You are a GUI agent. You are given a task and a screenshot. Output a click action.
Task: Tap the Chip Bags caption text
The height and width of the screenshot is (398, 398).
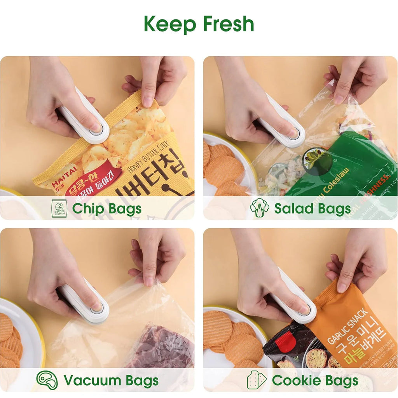coord(106,209)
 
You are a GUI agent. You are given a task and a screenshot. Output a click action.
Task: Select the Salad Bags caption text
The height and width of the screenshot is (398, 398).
coord(312,209)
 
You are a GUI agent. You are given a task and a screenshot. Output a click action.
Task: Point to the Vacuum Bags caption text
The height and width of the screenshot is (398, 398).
coord(111,381)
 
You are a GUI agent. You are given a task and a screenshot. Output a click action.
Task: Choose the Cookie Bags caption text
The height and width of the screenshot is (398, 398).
coord(315,381)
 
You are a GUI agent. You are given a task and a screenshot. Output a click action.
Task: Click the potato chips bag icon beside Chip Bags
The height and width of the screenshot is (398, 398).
coord(59,209)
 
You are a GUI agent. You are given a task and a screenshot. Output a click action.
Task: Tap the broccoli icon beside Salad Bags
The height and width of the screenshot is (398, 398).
coord(259,208)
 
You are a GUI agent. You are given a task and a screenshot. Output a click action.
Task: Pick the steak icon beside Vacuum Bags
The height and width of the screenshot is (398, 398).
coord(47,380)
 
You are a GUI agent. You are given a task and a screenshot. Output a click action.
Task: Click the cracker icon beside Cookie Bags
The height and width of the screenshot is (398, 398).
coord(257,380)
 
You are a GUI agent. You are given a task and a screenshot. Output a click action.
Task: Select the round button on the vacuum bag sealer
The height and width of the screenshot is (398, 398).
coord(97,308)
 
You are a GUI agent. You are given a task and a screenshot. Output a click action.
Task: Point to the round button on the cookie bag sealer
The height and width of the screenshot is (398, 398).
coord(304,310)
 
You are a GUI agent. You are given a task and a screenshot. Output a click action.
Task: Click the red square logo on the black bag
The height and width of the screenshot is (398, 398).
coord(285,341)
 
